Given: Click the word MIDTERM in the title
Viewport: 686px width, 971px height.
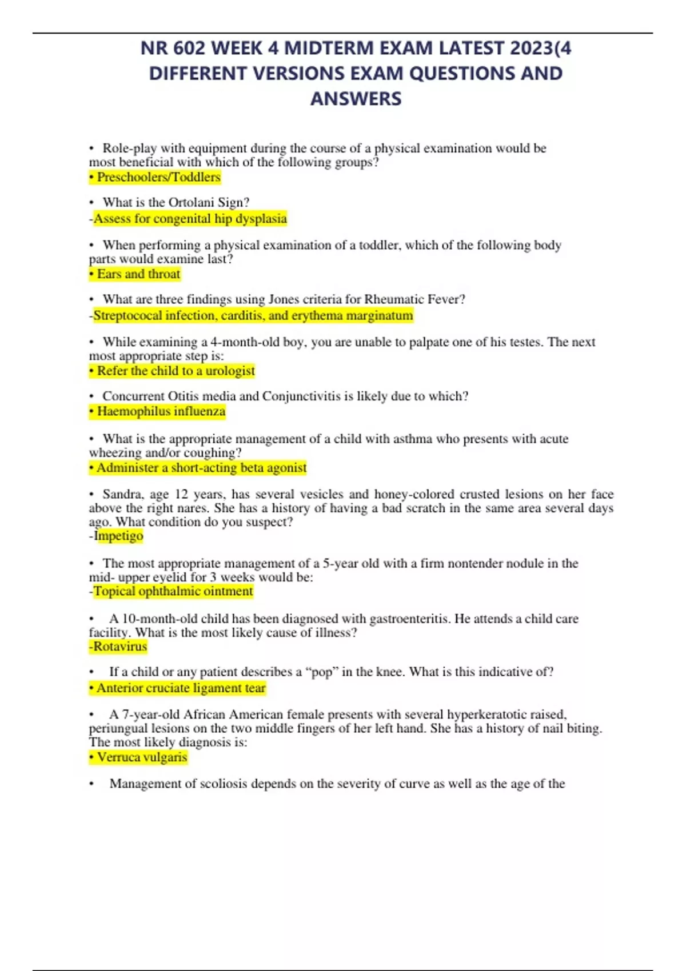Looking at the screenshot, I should (x=330, y=48).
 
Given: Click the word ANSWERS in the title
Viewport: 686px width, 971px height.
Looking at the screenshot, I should (x=356, y=99).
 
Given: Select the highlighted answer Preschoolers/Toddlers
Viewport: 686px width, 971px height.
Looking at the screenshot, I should (x=155, y=177).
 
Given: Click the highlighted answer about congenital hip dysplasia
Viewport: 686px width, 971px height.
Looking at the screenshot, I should (x=190, y=219).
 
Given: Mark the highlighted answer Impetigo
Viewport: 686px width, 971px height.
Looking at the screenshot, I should (x=118, y=536).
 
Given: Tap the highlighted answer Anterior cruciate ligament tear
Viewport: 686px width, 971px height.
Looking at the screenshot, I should (x=178, y=688).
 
